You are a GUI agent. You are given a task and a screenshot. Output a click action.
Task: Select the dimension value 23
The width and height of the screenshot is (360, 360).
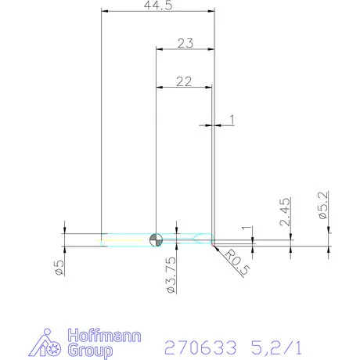(185, 44)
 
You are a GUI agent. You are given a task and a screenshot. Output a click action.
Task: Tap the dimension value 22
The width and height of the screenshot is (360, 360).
(185, 81)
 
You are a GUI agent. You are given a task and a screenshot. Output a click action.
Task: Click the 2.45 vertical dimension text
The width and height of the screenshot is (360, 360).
(285, 211)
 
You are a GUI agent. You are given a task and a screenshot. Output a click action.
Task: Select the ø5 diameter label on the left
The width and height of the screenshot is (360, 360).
(58, 267)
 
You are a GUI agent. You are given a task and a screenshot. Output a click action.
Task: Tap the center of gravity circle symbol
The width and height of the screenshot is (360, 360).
(157, 238)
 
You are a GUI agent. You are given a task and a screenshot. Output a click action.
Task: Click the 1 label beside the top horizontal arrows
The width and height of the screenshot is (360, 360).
(232, 119)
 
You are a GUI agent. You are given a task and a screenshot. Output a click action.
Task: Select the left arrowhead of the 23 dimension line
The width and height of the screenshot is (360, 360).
(160, 50)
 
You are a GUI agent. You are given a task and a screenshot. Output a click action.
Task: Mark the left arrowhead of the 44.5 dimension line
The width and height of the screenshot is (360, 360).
(106, 12)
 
